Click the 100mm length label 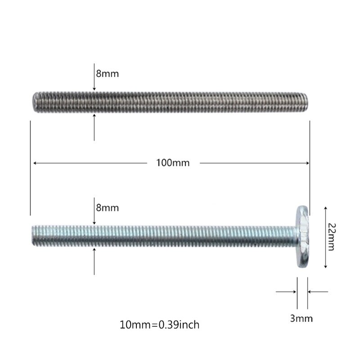coord(173,163)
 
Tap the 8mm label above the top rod coord(108,73)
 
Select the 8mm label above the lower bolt coord(108,208)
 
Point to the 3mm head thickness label coord(301,319)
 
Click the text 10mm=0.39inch coord(159,324)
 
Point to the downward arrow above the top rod coord(94,88)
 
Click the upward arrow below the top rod coord(94,117)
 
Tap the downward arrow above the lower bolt coord(94,221)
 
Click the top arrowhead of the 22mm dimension coord(325,208)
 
